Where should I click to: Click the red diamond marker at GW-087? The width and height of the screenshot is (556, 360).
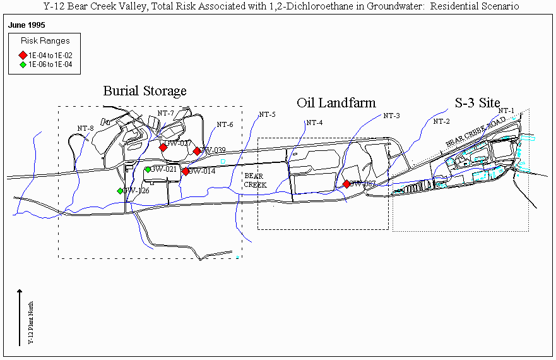[x=346, y=184]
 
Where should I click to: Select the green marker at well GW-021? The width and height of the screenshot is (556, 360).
[x=148, y=169]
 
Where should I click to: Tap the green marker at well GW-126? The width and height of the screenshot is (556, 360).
[x=120, y=191]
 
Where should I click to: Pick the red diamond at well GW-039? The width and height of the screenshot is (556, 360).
[x=197, y=151]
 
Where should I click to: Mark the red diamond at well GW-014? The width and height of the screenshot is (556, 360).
[x=186, y=171]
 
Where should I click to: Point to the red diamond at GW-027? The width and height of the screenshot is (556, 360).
[x=163, y=147]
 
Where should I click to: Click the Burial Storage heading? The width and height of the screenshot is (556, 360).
[x=145, y=91]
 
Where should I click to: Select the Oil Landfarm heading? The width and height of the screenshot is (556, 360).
[x=336, y=102]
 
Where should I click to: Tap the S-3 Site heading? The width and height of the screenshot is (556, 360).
[x=477, y=102]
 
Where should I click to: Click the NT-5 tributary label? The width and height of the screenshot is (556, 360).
[x=267, y=114]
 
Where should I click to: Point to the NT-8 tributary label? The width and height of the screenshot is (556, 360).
[x=86, y=128]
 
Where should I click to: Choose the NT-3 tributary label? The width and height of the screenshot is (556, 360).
[x=391, y=116]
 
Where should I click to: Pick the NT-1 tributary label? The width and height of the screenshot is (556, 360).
[x=506, y=111]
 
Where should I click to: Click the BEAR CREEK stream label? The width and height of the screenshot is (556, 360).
[x=255, y=181]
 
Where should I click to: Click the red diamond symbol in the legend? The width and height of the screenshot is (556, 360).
[x=23, y=56]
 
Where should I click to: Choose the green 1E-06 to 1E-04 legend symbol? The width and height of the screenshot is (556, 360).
[x=23, y=64]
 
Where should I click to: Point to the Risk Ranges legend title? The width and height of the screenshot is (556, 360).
[x=45, y=41]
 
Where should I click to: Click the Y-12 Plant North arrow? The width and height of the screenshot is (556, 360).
[x=20, y=316]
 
